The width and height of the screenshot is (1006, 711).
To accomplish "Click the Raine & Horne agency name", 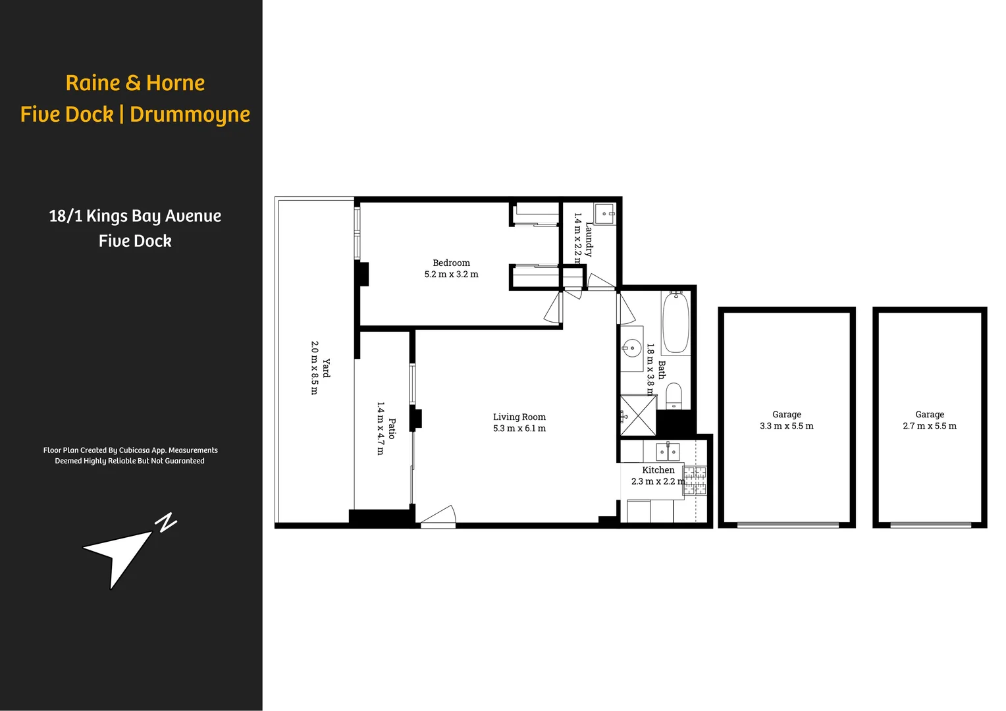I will pyautogui.click(x=135, y=83).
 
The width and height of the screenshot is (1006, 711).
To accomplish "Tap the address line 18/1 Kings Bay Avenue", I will pyautogui.click(x=135, y=216).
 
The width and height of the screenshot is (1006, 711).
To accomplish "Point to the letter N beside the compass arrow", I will pyautogui.click(x=167, y=522).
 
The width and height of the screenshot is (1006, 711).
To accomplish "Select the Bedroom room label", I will pyautogui.click(x=451, y=263).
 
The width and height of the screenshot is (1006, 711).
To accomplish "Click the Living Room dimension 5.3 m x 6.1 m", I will pyautogui.click(x=519, y=429).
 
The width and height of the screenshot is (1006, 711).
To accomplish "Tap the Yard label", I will pyautogui.click(x=327, y=368).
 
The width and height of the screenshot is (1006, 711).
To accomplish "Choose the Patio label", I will pyautogui.click(x=392, y=428).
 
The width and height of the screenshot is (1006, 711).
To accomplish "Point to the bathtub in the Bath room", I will pyautogui.click(x=675, y=323).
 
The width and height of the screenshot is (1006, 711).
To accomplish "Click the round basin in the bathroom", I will pyautogui.click(x=632, y=348).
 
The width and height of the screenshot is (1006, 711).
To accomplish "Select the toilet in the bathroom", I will pyautogui.click(x=674, y=396).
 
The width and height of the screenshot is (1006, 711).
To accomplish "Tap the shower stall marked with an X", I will pyautogui.click(x=638, y=415).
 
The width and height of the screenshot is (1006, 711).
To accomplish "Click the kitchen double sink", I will pyautogui.click(x=668, y=452).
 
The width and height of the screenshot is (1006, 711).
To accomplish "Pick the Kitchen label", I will pyautogui.click(x=658, y=470).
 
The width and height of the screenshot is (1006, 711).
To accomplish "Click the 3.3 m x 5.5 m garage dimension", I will pyautogui.click(x=786, y=426).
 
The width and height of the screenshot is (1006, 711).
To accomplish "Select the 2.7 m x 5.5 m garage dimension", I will pyautogui.click(x=929, y=426).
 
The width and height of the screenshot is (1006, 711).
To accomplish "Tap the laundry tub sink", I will pyautogui.click(x=604, y=214).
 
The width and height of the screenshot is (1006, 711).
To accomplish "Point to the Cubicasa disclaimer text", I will pyautogui.click(x=130, y=456).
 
